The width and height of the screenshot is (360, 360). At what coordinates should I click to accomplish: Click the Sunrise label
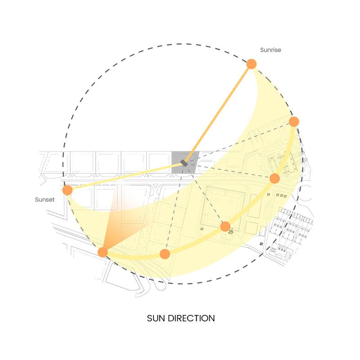(270, 50)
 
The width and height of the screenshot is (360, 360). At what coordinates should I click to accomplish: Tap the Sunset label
(45, 199)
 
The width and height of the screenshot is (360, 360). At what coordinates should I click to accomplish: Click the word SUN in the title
(156, 318)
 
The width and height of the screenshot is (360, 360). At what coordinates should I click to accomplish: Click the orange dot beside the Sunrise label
(252, 64)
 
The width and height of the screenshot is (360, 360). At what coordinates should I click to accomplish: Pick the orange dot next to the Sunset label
(67, 190)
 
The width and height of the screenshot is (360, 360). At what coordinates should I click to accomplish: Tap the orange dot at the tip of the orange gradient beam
(103, 252)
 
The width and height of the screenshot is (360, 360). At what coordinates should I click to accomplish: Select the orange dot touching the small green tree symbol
(225, 227)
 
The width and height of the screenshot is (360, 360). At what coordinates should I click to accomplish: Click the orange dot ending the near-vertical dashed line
(165, 254)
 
